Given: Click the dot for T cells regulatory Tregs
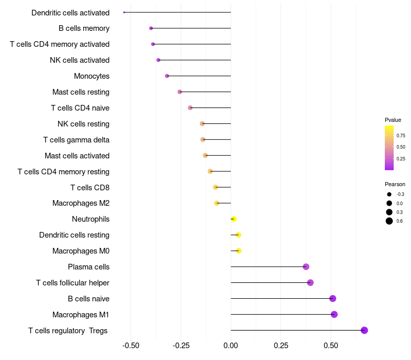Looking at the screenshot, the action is pos(364,330).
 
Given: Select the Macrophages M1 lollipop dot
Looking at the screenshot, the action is pos(334,314).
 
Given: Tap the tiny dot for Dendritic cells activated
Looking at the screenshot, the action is pos(124,12).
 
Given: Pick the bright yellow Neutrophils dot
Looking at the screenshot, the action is pos(234,219).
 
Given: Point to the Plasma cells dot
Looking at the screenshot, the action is pos(306,266).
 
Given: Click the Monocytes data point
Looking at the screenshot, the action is pos(167,76).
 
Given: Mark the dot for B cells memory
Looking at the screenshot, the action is pos(151,28).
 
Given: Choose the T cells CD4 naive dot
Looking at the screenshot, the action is pos(190,107).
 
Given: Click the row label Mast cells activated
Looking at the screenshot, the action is pos(77,156).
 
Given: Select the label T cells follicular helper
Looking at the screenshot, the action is pos(72,282).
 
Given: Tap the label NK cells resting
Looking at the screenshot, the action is pos(83,124).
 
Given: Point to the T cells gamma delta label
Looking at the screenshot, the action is pos(76,140).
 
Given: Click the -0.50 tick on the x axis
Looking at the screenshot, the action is pos(131,346).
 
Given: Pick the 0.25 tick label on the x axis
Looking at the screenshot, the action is pos(281,346).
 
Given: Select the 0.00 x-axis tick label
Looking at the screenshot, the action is pos(231,346).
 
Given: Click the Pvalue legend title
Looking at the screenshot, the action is pos(393,120).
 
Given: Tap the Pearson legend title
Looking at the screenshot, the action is pos(395,184).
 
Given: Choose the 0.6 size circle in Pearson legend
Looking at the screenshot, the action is pos(389,221).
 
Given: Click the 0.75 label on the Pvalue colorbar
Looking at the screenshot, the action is pos(401,136).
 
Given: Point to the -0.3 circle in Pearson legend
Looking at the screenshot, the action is pos(389,194).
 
